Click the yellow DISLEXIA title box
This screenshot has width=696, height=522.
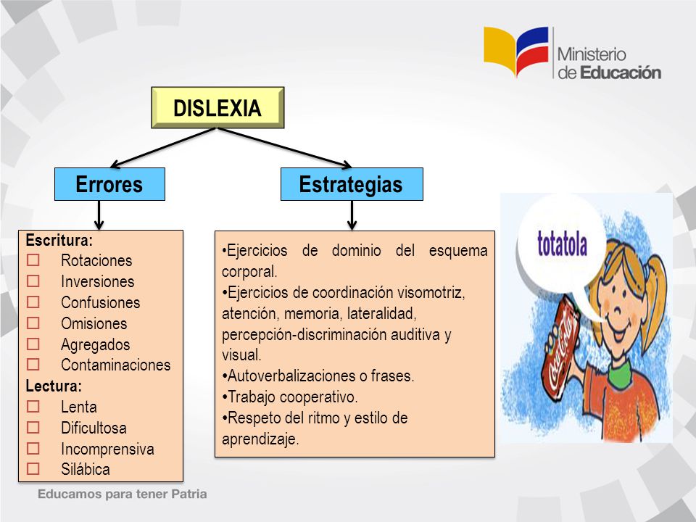pyautogui.click(x=217, y=107)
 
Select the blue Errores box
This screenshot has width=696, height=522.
pyautogui.click(x=109, y=184)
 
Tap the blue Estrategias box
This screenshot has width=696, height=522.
pyautogui.click(x=352, y=184)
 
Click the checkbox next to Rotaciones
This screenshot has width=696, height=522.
pyautogui.click(x=33, y=260)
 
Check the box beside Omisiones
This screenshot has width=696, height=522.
pyautogui.click(x=33, y=323)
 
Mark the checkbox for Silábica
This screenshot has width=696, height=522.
pyautogui.click(x=33, y=469)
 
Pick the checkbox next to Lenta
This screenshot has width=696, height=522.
pyautogui.click(x=33, y=407)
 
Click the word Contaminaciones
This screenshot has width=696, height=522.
pyautogui.click(x=115, y=365)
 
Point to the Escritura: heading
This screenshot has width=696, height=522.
pyautogui.click(x=59, y=240)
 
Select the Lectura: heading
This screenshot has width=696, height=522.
pyautogui.click(x=54, y=386)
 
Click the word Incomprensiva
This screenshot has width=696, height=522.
pyautogui.click(x=107, y=449)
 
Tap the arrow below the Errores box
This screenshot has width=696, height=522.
pyautogui.click(x=99, y=215)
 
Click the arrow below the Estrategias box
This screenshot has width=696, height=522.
pyautogui.click(x=352, y=215)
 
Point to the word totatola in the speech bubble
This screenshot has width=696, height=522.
pyautogui.click(x=562, y=244)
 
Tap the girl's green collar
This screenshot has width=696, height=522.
pyautogui.click(x=620, y=372)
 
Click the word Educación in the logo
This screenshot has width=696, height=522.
pyautogui.click(x=621, y=72)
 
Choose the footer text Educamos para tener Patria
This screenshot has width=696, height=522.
pyautogui.click(x=122, y=494)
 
